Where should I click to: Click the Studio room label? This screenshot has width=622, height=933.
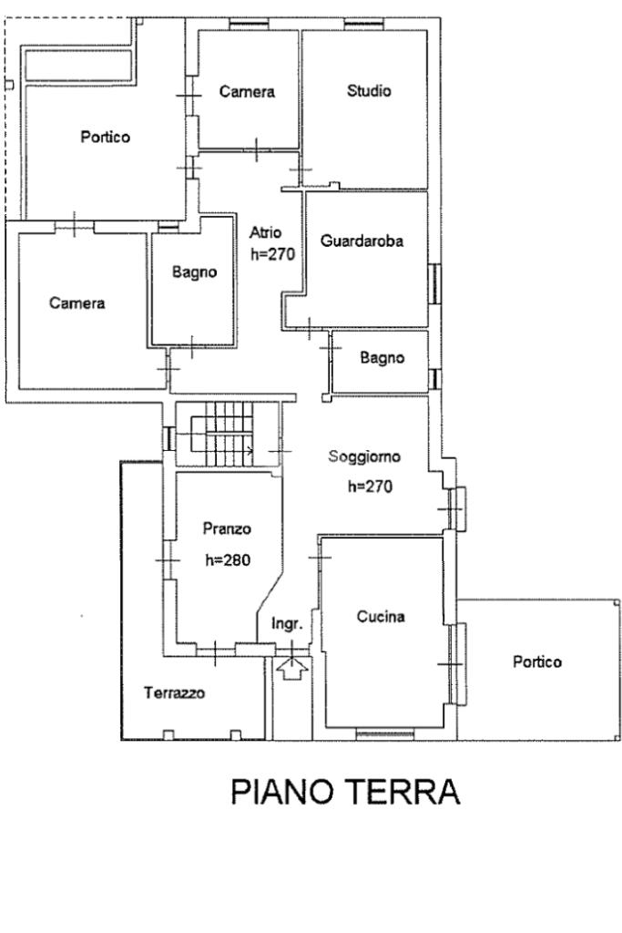(x=369, y=91)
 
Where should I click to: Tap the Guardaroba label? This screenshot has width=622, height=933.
(x=362, y=241)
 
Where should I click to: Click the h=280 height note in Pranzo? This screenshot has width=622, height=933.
(x=228, y=559)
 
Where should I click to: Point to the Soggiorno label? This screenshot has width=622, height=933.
(x=364, y=457)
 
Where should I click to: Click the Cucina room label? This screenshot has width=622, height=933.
(x=380, y=617)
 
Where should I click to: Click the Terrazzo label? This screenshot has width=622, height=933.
(x=174, y=692)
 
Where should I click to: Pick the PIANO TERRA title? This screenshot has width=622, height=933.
(x=345, y=792)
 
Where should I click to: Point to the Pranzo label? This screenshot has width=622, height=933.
(x=227, y=528)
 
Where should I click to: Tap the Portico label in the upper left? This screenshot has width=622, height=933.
(x=105, y=137)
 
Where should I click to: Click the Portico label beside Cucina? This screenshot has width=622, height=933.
(x=536, y=661)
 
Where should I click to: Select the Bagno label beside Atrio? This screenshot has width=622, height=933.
(x=195, y=272)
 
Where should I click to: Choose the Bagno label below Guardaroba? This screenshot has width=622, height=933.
(x=382, y=358)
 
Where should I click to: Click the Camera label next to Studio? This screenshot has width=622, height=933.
(x=247, y=92)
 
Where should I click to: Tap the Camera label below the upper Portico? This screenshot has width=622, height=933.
(x=76, y=303)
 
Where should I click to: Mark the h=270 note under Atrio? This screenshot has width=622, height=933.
(x=272, y=255)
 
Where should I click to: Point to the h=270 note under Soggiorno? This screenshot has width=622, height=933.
(x=370, y=487)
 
